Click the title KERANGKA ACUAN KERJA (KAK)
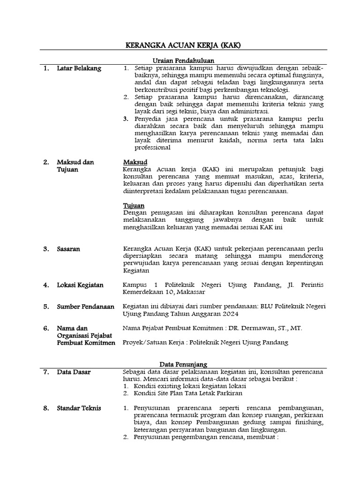tap(180, 45)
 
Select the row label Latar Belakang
tap(79, 68)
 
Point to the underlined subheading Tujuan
tap(134, 206)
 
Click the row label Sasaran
tap(68, 249)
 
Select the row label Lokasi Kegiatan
tap(80, 285)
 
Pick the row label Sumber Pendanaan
tap(86, 307)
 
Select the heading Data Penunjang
tap(183, 364)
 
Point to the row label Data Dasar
tap(74, 372)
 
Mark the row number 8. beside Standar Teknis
tap(46, 408)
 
